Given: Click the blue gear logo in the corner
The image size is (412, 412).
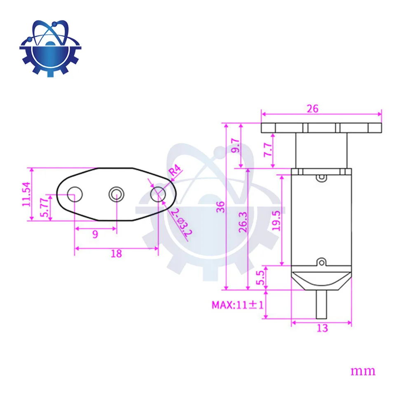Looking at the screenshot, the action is (50, 48).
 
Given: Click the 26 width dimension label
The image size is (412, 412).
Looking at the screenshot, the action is (312, 109).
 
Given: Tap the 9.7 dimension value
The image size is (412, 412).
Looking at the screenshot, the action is (236, 146).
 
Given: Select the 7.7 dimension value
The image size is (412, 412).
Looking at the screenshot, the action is (268, 150).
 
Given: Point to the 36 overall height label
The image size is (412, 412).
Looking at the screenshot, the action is (221, 207).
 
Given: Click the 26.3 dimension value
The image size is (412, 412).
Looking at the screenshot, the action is (243, 222).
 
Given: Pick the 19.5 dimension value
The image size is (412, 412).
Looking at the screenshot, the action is (276, 221).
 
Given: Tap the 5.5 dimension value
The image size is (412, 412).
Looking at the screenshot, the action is (260, 278).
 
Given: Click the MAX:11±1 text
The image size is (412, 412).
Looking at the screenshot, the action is (238, 305).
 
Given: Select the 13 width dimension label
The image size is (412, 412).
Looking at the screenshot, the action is (323, 328).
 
